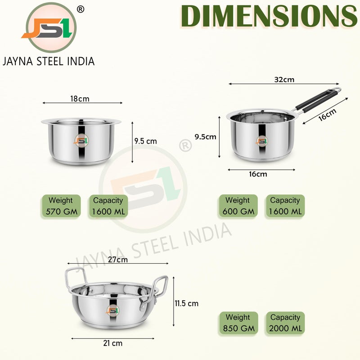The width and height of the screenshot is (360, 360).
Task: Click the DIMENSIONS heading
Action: coord(269,16)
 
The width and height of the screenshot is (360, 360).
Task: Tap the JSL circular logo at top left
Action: coord(51,27)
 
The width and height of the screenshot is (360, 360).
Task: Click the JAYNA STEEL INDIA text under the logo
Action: coord(49,62)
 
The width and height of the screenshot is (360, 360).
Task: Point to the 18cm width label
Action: coord(80,99)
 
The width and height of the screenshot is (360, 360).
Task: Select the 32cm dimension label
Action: coord(284,80)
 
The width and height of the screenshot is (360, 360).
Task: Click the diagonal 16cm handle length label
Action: coord(328,114)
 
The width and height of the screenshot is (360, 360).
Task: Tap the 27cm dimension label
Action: coord(118,260)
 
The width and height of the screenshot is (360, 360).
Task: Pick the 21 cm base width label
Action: coord(113,343)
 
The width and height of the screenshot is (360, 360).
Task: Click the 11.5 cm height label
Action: coord(186,303)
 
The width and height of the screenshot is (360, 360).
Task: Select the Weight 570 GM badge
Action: coord(61,206)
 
